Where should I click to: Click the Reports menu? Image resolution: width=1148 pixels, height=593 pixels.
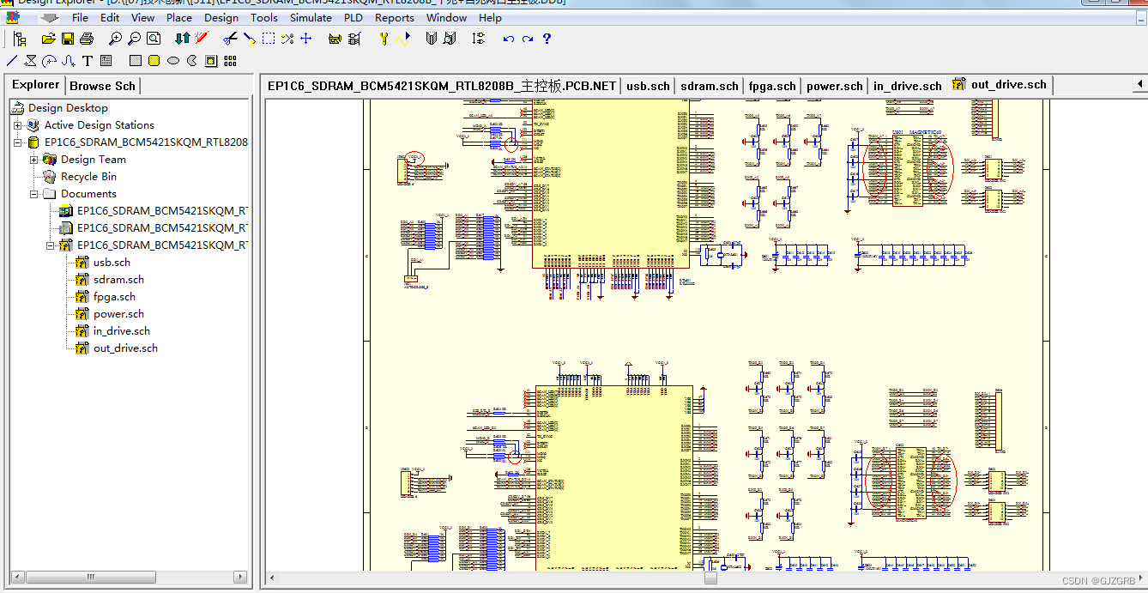tap(395, 17)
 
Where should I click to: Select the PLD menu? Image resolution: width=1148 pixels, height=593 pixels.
tap(353, 17)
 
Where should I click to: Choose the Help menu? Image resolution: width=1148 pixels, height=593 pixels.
tap(490, 17)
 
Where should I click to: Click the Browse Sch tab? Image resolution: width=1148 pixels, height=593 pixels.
tap(102, 86)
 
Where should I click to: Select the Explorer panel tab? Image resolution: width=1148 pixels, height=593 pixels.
tap(36, 85)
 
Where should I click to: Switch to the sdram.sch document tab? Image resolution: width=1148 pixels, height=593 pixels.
tap(709, 86)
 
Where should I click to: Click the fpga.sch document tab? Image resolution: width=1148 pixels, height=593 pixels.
tap(772, 86)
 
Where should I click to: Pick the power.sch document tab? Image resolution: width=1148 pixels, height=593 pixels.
tap(834, 86)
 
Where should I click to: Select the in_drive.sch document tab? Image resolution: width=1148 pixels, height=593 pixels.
tap(907, 86)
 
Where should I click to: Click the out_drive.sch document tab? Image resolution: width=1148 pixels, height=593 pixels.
tap(1008, 85)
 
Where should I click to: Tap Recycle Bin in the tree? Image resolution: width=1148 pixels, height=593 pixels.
tap(88, 177)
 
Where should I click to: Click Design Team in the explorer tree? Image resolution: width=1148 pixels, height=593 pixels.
tap(93, 160)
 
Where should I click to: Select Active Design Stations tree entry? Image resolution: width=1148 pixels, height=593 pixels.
tap(99, 125)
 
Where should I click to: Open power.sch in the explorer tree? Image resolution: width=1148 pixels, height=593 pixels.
tap(118, 314)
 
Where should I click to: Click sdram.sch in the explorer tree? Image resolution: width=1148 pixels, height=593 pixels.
tap(118, 280)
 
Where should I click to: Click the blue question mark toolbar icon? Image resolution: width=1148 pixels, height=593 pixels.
tap(547, 39)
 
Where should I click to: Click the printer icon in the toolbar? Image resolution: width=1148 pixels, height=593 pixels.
tap(87, 39)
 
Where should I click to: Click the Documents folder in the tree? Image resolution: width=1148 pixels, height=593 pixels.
tap(88, 194)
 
